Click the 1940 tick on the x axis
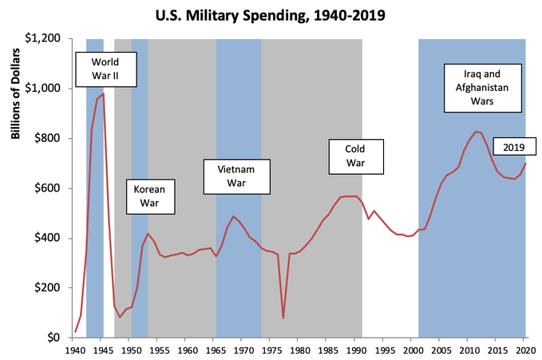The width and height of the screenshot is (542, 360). [75, 350]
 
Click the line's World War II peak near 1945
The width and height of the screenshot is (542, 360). [103, 93]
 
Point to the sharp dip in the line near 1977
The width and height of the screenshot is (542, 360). [283, 318]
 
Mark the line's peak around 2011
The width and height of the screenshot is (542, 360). [476, 132]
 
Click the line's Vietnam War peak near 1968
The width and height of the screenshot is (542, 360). [233, 216]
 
